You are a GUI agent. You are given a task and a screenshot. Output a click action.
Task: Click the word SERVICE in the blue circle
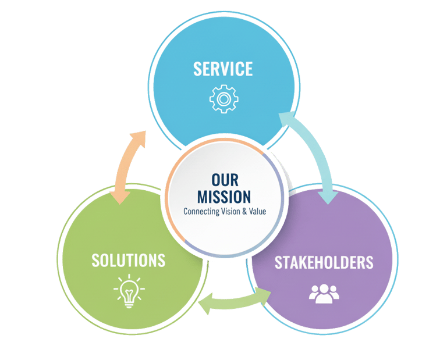pos(223,69)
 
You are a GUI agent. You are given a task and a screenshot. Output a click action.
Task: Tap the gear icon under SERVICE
pos(223,99)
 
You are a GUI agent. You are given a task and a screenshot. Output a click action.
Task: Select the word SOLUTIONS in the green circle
pos(128,260)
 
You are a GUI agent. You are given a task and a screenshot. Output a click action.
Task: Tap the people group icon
pos(324,293)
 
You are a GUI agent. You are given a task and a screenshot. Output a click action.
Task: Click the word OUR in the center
pos(225,179)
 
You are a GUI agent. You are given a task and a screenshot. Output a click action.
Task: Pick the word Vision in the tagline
pos(232,212)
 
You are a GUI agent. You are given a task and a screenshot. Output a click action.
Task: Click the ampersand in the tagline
pos(244,212)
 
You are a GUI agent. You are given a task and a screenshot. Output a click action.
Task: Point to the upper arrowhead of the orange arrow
pos(139,138)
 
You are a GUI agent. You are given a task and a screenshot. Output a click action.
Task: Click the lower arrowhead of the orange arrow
pos(120,196)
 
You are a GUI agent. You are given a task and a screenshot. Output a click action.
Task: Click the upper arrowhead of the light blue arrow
pos(286,119)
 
